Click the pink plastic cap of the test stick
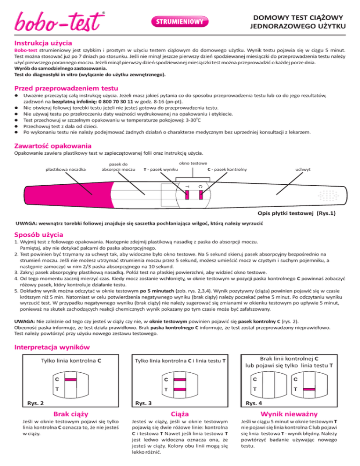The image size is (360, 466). click(x=47, y=200)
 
